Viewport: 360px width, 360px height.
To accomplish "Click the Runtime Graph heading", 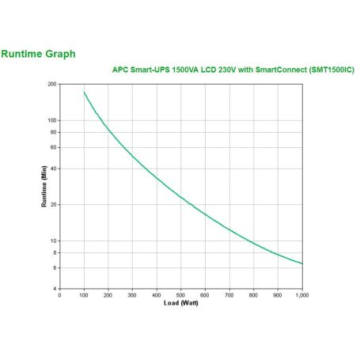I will (x=39, y=54).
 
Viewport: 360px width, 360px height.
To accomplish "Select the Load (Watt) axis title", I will (x=180, y=304).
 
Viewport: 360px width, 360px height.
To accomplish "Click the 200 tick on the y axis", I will (x=51, y=84).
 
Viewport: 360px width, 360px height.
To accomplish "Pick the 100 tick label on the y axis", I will (x=51, y=120).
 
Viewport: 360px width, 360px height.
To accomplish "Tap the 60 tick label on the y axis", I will (x=53, y=147).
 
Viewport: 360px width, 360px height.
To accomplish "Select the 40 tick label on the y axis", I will (x=53, y=169).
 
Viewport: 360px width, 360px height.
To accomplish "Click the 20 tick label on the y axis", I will (x=53, y=204).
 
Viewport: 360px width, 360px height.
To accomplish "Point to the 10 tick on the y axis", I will (x=53, y=241).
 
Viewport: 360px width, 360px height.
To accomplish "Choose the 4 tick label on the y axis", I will (x=55, y=289).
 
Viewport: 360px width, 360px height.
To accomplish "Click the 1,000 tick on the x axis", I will (x=301, y=295).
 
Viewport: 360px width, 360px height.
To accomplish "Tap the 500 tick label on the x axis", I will (x=180, y=295).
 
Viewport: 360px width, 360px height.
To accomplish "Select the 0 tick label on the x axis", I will (x=60, y=295).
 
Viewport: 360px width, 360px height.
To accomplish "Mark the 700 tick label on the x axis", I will (x=229, y=295).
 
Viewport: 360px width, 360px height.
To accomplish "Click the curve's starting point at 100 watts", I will (x=84, y=92).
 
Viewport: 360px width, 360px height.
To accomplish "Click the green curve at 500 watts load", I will (x=180, y=195).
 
